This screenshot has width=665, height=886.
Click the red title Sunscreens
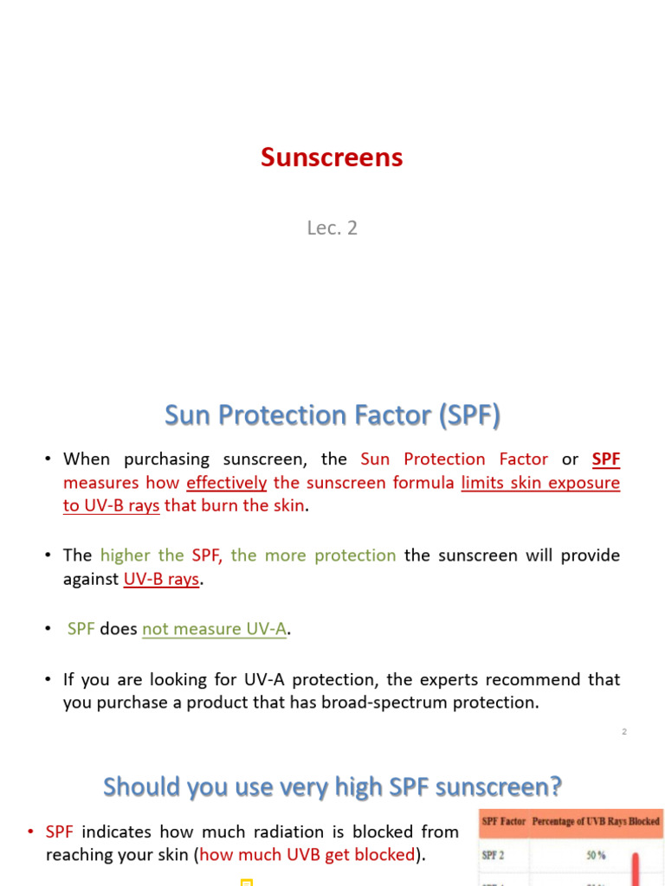[x=332, y=157]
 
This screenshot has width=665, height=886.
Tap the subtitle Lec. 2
[x=332, y=228]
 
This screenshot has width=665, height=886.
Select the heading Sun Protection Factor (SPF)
[x=332, y=416]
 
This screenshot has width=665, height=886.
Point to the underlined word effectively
[x=226, y=483]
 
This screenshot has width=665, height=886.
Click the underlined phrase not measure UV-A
[x=214, y=629]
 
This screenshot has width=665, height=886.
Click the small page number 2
[x=623, y=732]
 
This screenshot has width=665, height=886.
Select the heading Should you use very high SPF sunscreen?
[x=332, y=786]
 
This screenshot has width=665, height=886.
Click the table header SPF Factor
[x=503, y=821]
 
